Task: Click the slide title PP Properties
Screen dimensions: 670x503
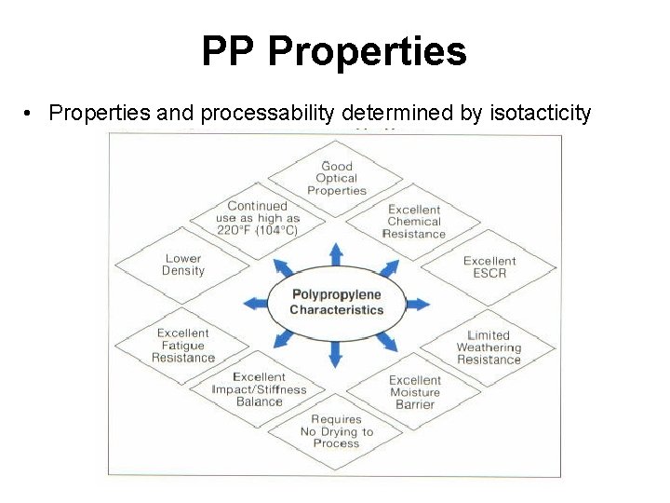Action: [334, 52]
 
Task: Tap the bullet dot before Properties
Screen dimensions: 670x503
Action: [31, 114]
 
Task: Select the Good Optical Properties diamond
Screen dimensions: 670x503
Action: [337, 179]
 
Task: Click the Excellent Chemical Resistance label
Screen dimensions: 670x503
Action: [414, 222]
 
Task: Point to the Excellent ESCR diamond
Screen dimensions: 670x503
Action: [489, 266]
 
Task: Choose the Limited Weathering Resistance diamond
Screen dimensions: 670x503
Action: [489, 347]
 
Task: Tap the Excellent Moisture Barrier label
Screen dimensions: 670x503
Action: [414, 392]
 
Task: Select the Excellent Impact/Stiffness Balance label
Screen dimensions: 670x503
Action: [259, 389]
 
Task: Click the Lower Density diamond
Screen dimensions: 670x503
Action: [183, 265]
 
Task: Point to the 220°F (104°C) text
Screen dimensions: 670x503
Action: [258, 230]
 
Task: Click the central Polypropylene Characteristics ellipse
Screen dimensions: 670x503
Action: [337, 303]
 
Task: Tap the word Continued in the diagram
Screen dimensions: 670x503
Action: [258, 206]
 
